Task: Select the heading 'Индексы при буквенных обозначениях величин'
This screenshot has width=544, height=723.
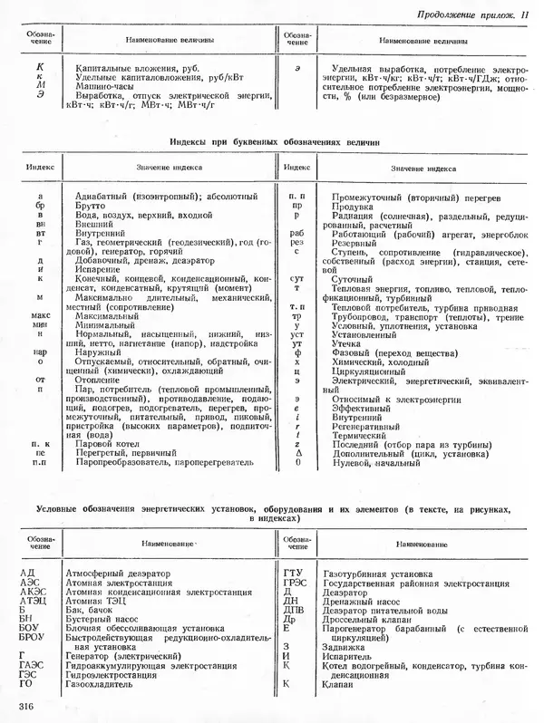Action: click(273, 143)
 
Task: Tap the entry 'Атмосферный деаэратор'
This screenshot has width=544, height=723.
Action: click(117, 574)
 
